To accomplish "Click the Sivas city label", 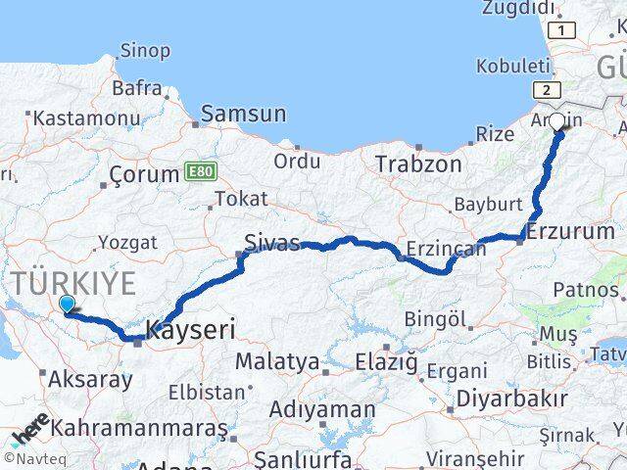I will point(272,243).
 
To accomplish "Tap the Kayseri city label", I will point(190,330).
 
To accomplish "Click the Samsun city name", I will point(244,114).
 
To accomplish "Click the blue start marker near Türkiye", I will point(67,305).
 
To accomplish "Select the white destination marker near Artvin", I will point(557,122).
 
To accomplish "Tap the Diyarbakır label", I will point(527,399).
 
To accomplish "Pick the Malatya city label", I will point(276,362).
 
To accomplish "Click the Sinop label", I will point(144,50).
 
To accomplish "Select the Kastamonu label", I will point(86,118).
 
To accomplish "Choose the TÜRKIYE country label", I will point(73,284).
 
